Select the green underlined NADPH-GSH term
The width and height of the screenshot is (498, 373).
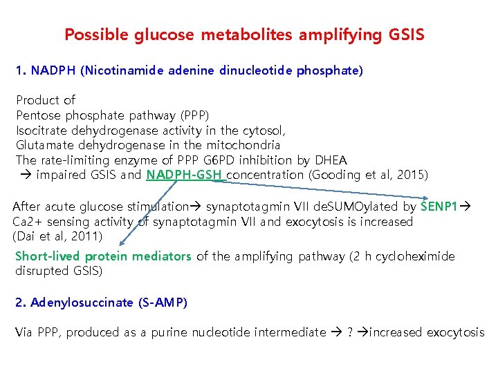pyautogui.click(x=185, y=175)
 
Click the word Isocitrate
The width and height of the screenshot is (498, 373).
pyautogui.click(x=41, y=130)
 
